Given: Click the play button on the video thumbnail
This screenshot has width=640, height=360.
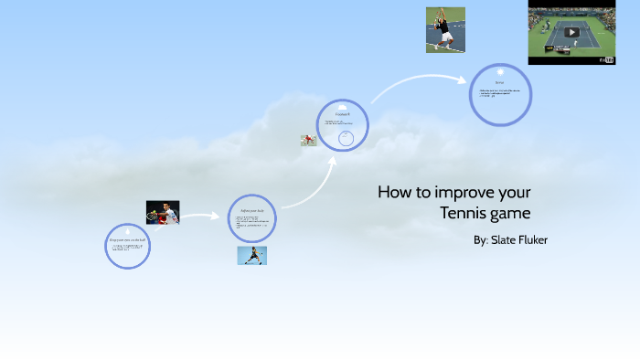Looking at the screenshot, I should (572, 32).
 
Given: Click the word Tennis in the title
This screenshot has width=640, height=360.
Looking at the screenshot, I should (464, 214).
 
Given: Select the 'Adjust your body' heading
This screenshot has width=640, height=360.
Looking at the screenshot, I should (251, 211).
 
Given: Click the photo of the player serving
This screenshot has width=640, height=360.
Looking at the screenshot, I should (445, 30).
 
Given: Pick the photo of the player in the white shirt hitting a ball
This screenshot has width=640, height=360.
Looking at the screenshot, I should (163, 212).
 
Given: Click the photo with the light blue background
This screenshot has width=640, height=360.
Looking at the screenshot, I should (252, 255).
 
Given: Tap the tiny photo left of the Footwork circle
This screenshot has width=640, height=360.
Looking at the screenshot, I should (309, 141).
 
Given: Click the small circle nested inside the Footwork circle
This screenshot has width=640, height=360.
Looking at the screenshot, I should (346, 138).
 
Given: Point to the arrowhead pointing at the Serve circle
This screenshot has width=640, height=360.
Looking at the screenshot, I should (463, 79).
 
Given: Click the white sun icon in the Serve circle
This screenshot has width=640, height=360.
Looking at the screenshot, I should (500, 71).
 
